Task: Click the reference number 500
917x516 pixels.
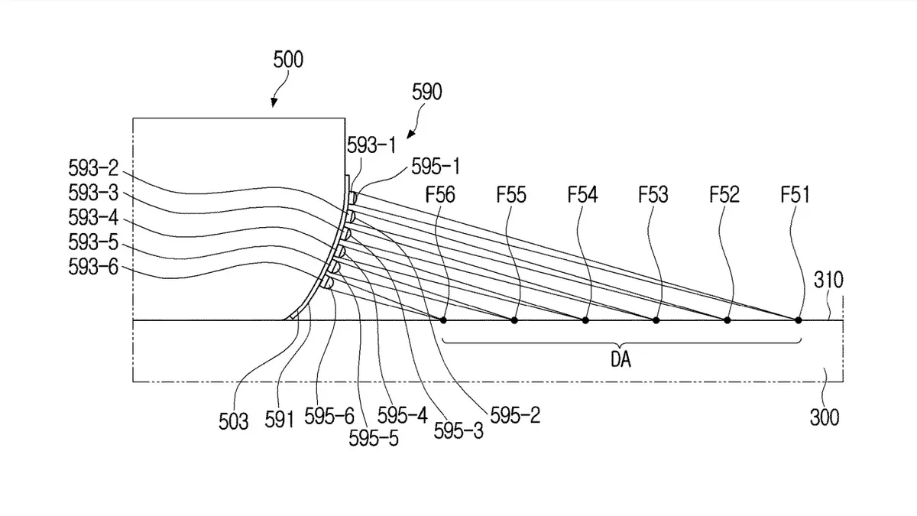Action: pyautogui.click(x=288, y=60)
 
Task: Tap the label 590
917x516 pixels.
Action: pyautogui.click(x=426, y=92)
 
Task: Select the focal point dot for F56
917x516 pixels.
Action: pyautogui.click(x=443, y=320)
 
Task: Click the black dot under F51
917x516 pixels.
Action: pyautogui.click(x=799, y=320)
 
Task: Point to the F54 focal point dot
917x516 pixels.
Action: pyautogui.click(x=585, y=320)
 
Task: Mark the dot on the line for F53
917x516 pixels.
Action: pyautogui.click(x=656, y=320)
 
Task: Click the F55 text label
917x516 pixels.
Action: pyautogui.click(x=511, y=194)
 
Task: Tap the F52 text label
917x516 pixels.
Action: pyautogui.click(x=724, y=194)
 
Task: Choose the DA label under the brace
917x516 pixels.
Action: pyautogui.click(x=621, y=359)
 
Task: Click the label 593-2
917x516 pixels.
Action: pyautogui.click(x=93, y=168)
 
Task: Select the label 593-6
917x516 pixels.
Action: pyautogui.click(x=93, y=267)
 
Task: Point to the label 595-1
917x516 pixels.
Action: pyautogui.click(x=436, y=167)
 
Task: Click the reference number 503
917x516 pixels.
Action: pyautogui.click(x=233, y=421)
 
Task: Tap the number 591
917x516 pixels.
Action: pyautogui.click(x=279, y=420)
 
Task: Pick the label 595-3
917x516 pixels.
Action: pyautogui.click(x=458, y=431)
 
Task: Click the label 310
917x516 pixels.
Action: pyautogui.click(x=828, y=280)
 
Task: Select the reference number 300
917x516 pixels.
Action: pyautogui.click(x=825, y=417)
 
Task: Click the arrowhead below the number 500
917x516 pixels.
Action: pyautogui.click(x=274, y=102)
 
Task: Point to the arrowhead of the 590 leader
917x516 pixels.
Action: pyautogui.click(x=410, y=135)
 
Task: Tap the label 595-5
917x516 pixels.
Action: pyautogui.click(x=374, y=438)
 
